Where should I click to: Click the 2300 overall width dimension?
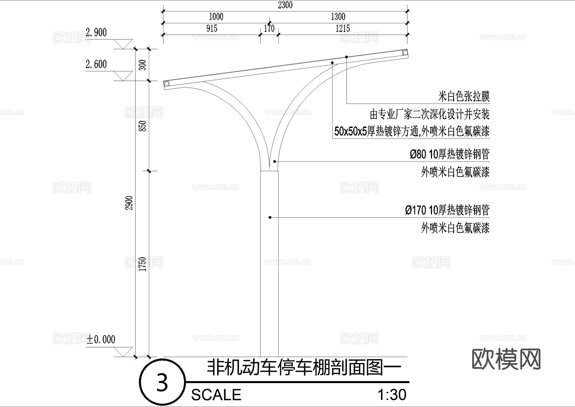[x=285, y=5]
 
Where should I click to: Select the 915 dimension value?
[x=212, y=29]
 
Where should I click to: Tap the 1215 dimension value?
[x=342, y=29]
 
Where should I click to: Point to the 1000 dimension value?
[x=216, y=17]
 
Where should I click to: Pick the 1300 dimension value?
[x=338, y=17]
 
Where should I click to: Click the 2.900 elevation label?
[x=96, y=33]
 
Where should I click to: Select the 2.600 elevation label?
[x=96, y=65]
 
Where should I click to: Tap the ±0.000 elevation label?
[x=101, y=339]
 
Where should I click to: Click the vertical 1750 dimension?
[x=143, y=264]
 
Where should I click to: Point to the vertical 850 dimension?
[x=143, y=126]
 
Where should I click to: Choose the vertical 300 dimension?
[x=143, y=65]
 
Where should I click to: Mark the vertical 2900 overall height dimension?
[x=129, y=203]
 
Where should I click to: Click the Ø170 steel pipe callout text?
[x=447, y=210]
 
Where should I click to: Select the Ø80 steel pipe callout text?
[x=449, y=154]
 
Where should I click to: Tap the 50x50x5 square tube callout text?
[x=412, y=131]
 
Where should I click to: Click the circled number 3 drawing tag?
[x=162, y=382]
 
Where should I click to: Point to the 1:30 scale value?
[x=392, y=395]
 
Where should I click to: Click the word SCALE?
[x=216, y=395]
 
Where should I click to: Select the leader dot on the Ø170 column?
[x=270, y=217]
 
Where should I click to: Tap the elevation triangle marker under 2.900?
[x=123, y=44]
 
